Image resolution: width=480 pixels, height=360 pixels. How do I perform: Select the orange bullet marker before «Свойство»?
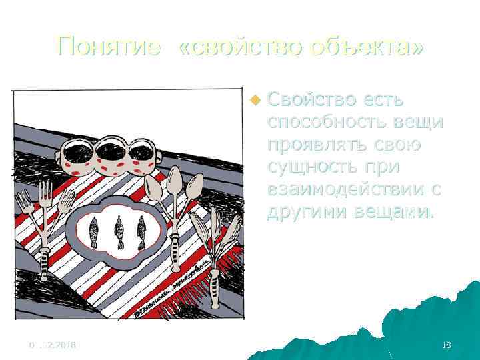pos(254,101)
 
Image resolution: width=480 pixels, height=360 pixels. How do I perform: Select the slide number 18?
pos(446,344)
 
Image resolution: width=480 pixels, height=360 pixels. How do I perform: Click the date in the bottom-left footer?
pos(52,344)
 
